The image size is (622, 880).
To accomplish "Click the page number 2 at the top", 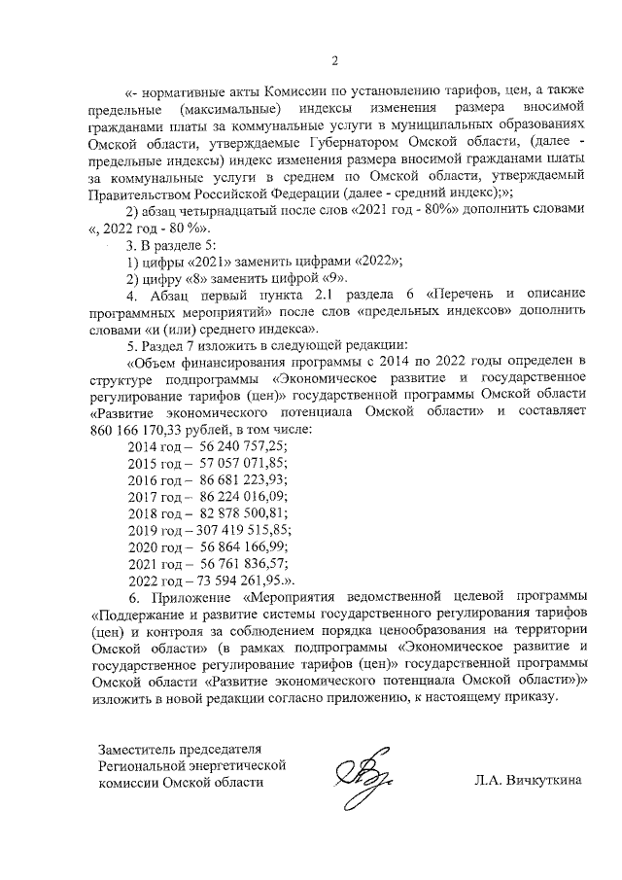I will tap(333, 64).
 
